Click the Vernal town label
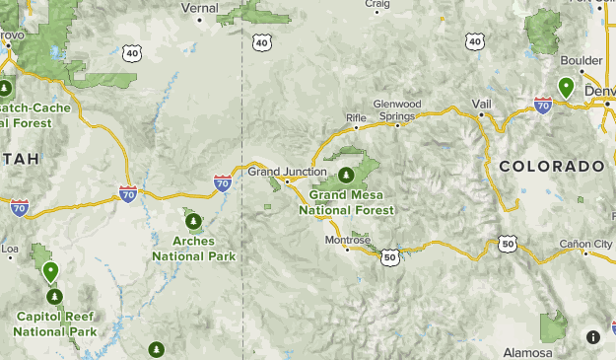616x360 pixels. pyautogui.click(x=199, y=7)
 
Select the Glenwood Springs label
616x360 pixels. pyautogui.click(x=397, y=109)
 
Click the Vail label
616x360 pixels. pyautogui.click(x=481, y=103)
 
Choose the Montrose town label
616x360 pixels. pyautogui.click(x=348, y=240)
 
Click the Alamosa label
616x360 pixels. pyautogui.click(x=527, y=353)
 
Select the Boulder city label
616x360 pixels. pyautogui.click(x=582, y=60)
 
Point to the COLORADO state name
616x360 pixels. pyautogui.click(x=551, y=167)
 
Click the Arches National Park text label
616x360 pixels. pyautogui.click(x=193, y=248)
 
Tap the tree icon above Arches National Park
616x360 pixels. pyautogui.click(x=193, y=220)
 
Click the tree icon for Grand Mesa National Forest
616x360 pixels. pyautogui.click(x=346, y=176)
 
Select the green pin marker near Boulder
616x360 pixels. pyautogui.click(x=566, y=87)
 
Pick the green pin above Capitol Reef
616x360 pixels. pyautogui.click(x=50, y=270)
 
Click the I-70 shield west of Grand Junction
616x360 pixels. pyautogui.click(x=223, y=182)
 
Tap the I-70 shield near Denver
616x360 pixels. pyautogui.click(x=542, y=103)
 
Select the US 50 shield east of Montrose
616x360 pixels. pyautogui.click(x=389, y=256)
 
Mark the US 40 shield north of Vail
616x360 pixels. pyautogui.click(x=475, y=41)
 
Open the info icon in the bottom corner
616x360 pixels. pyautogui.click(x=593, y=337)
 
